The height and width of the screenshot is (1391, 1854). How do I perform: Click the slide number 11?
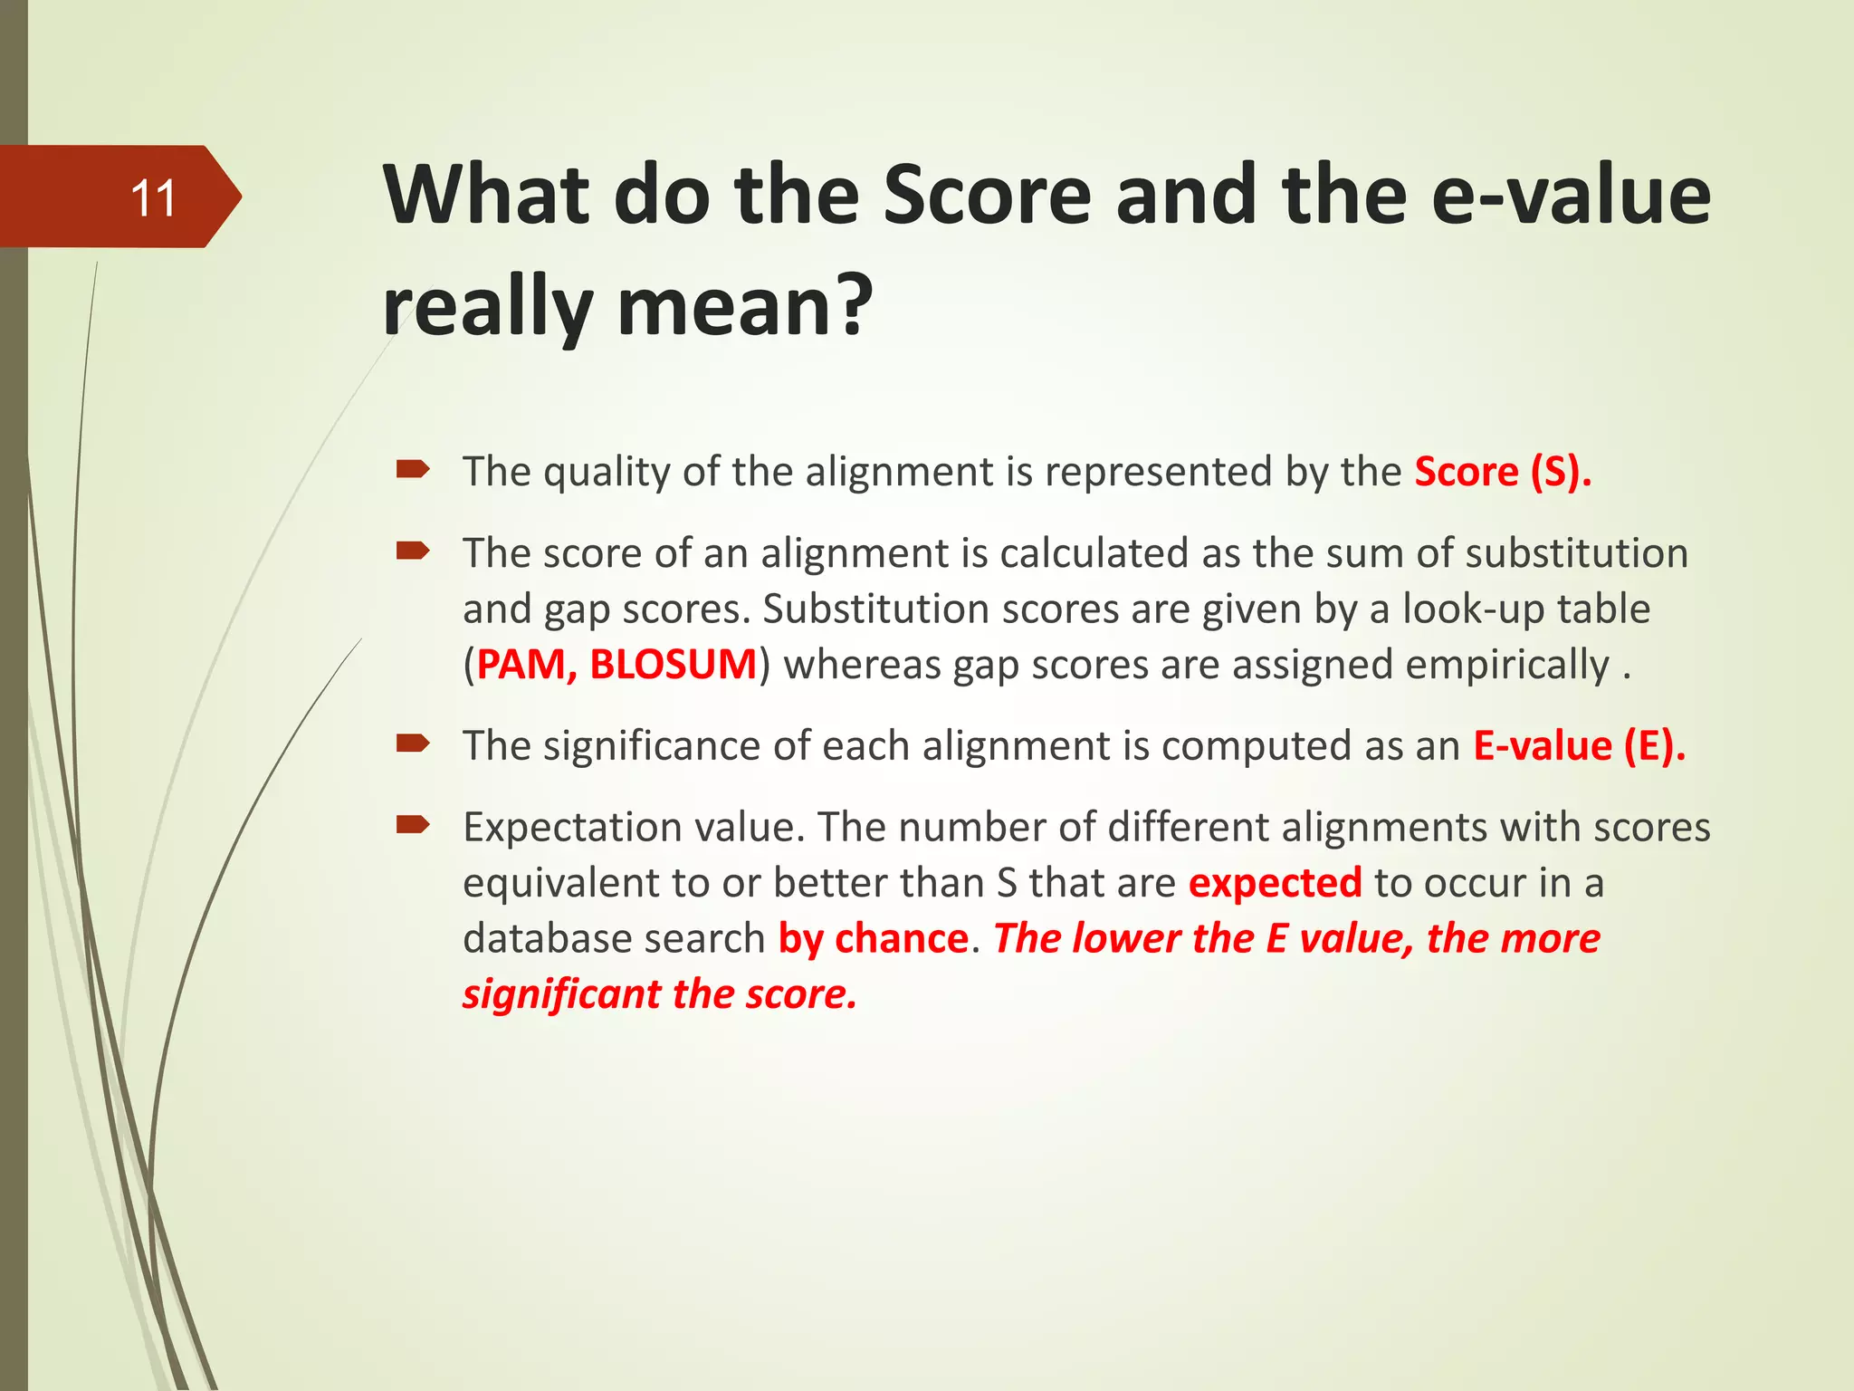[x=152, y=198]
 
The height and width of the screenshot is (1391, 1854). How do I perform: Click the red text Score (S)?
[x=1502, y=472]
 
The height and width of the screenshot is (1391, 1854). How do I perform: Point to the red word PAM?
[x=527, y=665]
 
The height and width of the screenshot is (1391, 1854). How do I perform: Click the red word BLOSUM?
[x=673, y=665]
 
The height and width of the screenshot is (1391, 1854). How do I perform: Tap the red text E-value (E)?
[x=1579, y=746]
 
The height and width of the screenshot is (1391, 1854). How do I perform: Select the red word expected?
[x=1275, y=883]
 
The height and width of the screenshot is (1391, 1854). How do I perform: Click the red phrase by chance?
[x=874, y=939]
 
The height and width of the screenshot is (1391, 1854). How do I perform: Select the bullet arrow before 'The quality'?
[x=412, y=468]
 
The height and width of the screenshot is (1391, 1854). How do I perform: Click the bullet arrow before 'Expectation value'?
[x=412, y=824]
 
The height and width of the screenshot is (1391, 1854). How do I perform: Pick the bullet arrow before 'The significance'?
[x=412, y=743]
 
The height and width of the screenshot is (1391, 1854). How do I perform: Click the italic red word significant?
[x=561, y=995]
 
